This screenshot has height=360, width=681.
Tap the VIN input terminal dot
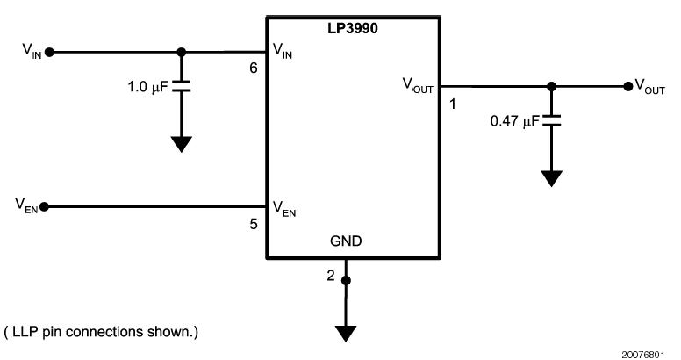(x=49, y=52)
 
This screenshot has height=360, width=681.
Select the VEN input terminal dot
(x=44, y=206)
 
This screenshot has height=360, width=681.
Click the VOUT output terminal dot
(x=627, y=86)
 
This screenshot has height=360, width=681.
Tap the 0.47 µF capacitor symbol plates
(x=551, y=121)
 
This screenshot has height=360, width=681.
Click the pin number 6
(x=253, y=68)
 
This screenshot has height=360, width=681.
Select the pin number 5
(x=253, y=224)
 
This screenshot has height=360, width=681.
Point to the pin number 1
(x=453, y=104)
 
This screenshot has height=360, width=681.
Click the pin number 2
(x=331, y=276)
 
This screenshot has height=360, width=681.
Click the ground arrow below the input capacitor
(x=181, y=143)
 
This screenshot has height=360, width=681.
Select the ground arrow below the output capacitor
(x=551, y=178)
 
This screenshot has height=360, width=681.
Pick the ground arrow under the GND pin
(x=347, y=333)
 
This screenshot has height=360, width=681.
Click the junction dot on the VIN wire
(x=181, y=52)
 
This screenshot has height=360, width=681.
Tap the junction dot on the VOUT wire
(x=551, y=86)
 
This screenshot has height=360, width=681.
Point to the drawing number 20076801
(x=651, y=352)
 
